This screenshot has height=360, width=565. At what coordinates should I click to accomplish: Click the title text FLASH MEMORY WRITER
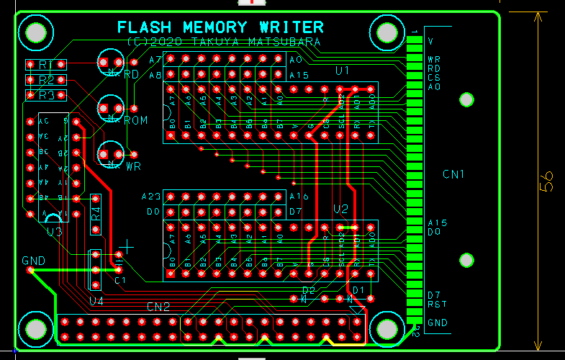click(220, 27)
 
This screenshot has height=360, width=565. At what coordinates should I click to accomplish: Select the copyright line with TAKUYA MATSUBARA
click(223, 42)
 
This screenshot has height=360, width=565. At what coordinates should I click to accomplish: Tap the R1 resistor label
click(48, 65)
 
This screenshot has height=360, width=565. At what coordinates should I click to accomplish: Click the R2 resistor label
click(48, 80)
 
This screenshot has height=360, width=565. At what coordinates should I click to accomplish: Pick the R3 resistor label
click(48, 95)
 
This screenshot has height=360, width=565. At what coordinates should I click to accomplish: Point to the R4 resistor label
click(96, 214)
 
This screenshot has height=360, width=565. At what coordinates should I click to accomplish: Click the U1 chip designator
click(343, 70)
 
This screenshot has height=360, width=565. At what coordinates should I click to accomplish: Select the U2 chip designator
click(340, 209)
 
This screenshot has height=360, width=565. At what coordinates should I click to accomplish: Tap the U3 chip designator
click(54, 231)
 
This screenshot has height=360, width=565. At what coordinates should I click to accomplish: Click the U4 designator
click(96, 300)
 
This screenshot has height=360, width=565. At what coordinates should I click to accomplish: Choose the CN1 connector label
click(453, 174)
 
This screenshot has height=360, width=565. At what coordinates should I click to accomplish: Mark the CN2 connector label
click(158, 307)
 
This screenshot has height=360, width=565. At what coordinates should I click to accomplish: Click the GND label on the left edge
click(33, 260)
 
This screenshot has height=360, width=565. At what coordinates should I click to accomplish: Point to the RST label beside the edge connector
click(437, 304)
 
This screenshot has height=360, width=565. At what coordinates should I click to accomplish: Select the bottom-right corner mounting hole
click(388, 328)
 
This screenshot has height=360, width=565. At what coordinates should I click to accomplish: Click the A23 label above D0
click(151, 197)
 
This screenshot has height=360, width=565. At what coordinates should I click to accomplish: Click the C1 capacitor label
click(119, 279)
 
